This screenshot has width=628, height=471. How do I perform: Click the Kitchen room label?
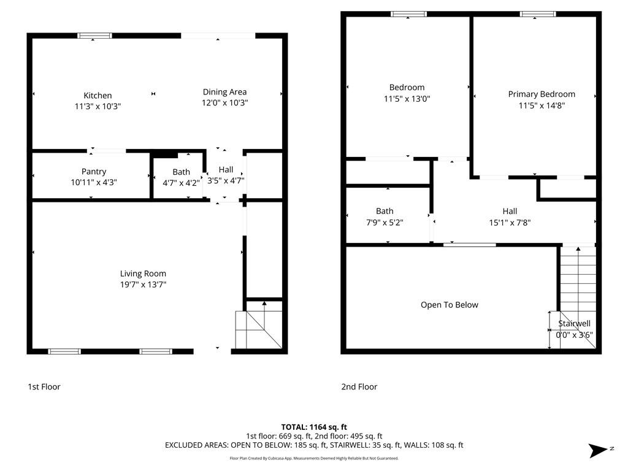(x=98, y=95)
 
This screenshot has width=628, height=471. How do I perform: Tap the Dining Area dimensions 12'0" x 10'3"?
(x=224, y=102)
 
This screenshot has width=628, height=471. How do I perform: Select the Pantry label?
(x=94, y=172)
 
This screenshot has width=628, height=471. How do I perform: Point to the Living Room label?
(x=143, y=274)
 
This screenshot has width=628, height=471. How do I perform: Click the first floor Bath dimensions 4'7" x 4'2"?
(x=181, y=183)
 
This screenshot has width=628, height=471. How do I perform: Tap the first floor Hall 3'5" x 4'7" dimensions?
(x=226, y=181)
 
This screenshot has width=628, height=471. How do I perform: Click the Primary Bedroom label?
(x=542, y=94)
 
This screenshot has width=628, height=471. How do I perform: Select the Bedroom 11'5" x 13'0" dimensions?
(x=407, y=99)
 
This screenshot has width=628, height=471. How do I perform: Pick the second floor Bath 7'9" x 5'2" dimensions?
(x=385, y=222)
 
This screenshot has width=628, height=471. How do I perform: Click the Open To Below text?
(x=450, y=305)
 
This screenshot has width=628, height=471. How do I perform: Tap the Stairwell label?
(x=574, y=324)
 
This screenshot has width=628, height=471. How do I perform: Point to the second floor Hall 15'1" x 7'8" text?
(x=510, y=216)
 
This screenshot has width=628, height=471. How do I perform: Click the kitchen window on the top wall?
(x=94, y=36)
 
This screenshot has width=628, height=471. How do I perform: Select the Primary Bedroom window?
(x=538, y=14)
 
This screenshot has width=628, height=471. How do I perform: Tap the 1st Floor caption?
(x=44, y=387)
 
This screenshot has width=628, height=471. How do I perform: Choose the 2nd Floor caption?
(x=359, y=387)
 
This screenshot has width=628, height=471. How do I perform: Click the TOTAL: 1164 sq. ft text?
(x=314, y=427)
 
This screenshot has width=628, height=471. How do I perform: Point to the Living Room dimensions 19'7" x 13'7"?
(x=143, y=285)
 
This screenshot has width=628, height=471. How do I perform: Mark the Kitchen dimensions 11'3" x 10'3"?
(x=98, y=106)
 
